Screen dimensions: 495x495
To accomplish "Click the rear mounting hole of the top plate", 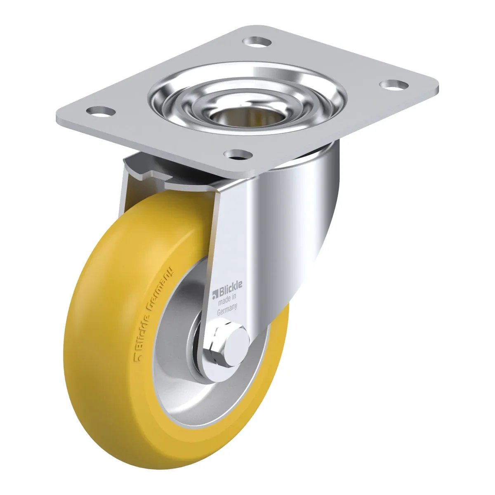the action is coord(257,41).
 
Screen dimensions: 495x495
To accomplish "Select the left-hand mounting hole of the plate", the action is coord(101,111).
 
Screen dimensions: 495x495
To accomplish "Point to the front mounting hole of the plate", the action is coord(238,154).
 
